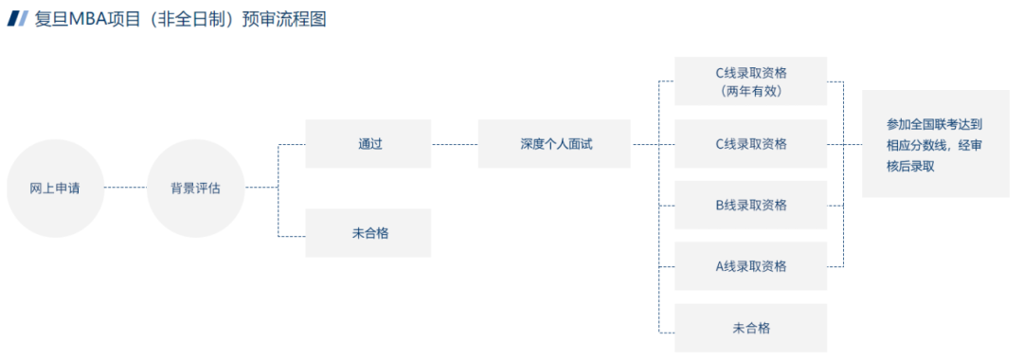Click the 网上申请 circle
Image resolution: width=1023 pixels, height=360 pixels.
pos(54,188)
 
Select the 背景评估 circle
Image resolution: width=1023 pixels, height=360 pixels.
pos(195,188)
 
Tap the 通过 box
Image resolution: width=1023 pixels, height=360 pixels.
pos(368,144)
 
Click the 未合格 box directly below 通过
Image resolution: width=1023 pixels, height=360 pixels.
pos(368,233)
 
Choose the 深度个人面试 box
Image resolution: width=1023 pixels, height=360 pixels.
pos(554,144)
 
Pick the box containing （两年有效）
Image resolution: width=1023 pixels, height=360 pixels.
pos(750,81)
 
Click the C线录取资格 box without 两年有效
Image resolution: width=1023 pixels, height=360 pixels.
pos(750,144)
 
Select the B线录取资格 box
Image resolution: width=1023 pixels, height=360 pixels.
pos(750,205)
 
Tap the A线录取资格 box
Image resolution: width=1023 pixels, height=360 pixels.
pos(750,266)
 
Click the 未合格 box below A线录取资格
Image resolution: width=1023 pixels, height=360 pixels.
pos(750,328)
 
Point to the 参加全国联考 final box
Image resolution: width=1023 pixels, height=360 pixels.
pos(935,144)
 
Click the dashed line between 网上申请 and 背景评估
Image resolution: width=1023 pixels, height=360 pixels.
pos(125,188)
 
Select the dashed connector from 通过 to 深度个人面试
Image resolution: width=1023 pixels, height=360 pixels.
pos(455,144)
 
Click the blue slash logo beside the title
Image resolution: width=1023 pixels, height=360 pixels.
pos(17,19)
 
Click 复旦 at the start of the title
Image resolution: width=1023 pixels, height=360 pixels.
pos(51,19)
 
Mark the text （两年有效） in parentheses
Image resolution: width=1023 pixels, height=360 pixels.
pos(750,91)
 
